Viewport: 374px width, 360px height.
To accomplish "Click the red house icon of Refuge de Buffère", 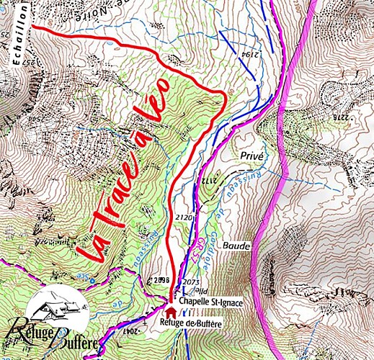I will pyautogui.click(x=171, y=312).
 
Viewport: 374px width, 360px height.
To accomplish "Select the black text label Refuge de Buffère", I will pyautogui.click(x=190, y=324).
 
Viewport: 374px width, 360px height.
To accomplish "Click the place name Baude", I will pyautogui.click(x=236, y=246).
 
